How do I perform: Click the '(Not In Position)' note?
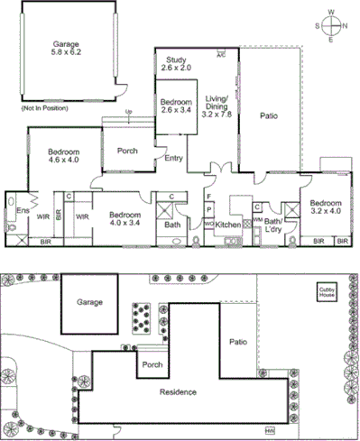tap(42, 108)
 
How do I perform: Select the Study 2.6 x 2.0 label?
tap(175, 63)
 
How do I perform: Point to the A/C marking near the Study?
tap(220, 54)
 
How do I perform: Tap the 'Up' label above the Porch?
tap(129, 113)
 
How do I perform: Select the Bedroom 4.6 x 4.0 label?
tap(64, 157)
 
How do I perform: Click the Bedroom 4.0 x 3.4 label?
tap(125, 220)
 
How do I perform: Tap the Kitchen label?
tap(228, 225)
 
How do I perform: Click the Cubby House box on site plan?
tap(328, 292)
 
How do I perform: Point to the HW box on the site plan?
tap(269, 429)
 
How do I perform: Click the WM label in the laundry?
tap(257, 219)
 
